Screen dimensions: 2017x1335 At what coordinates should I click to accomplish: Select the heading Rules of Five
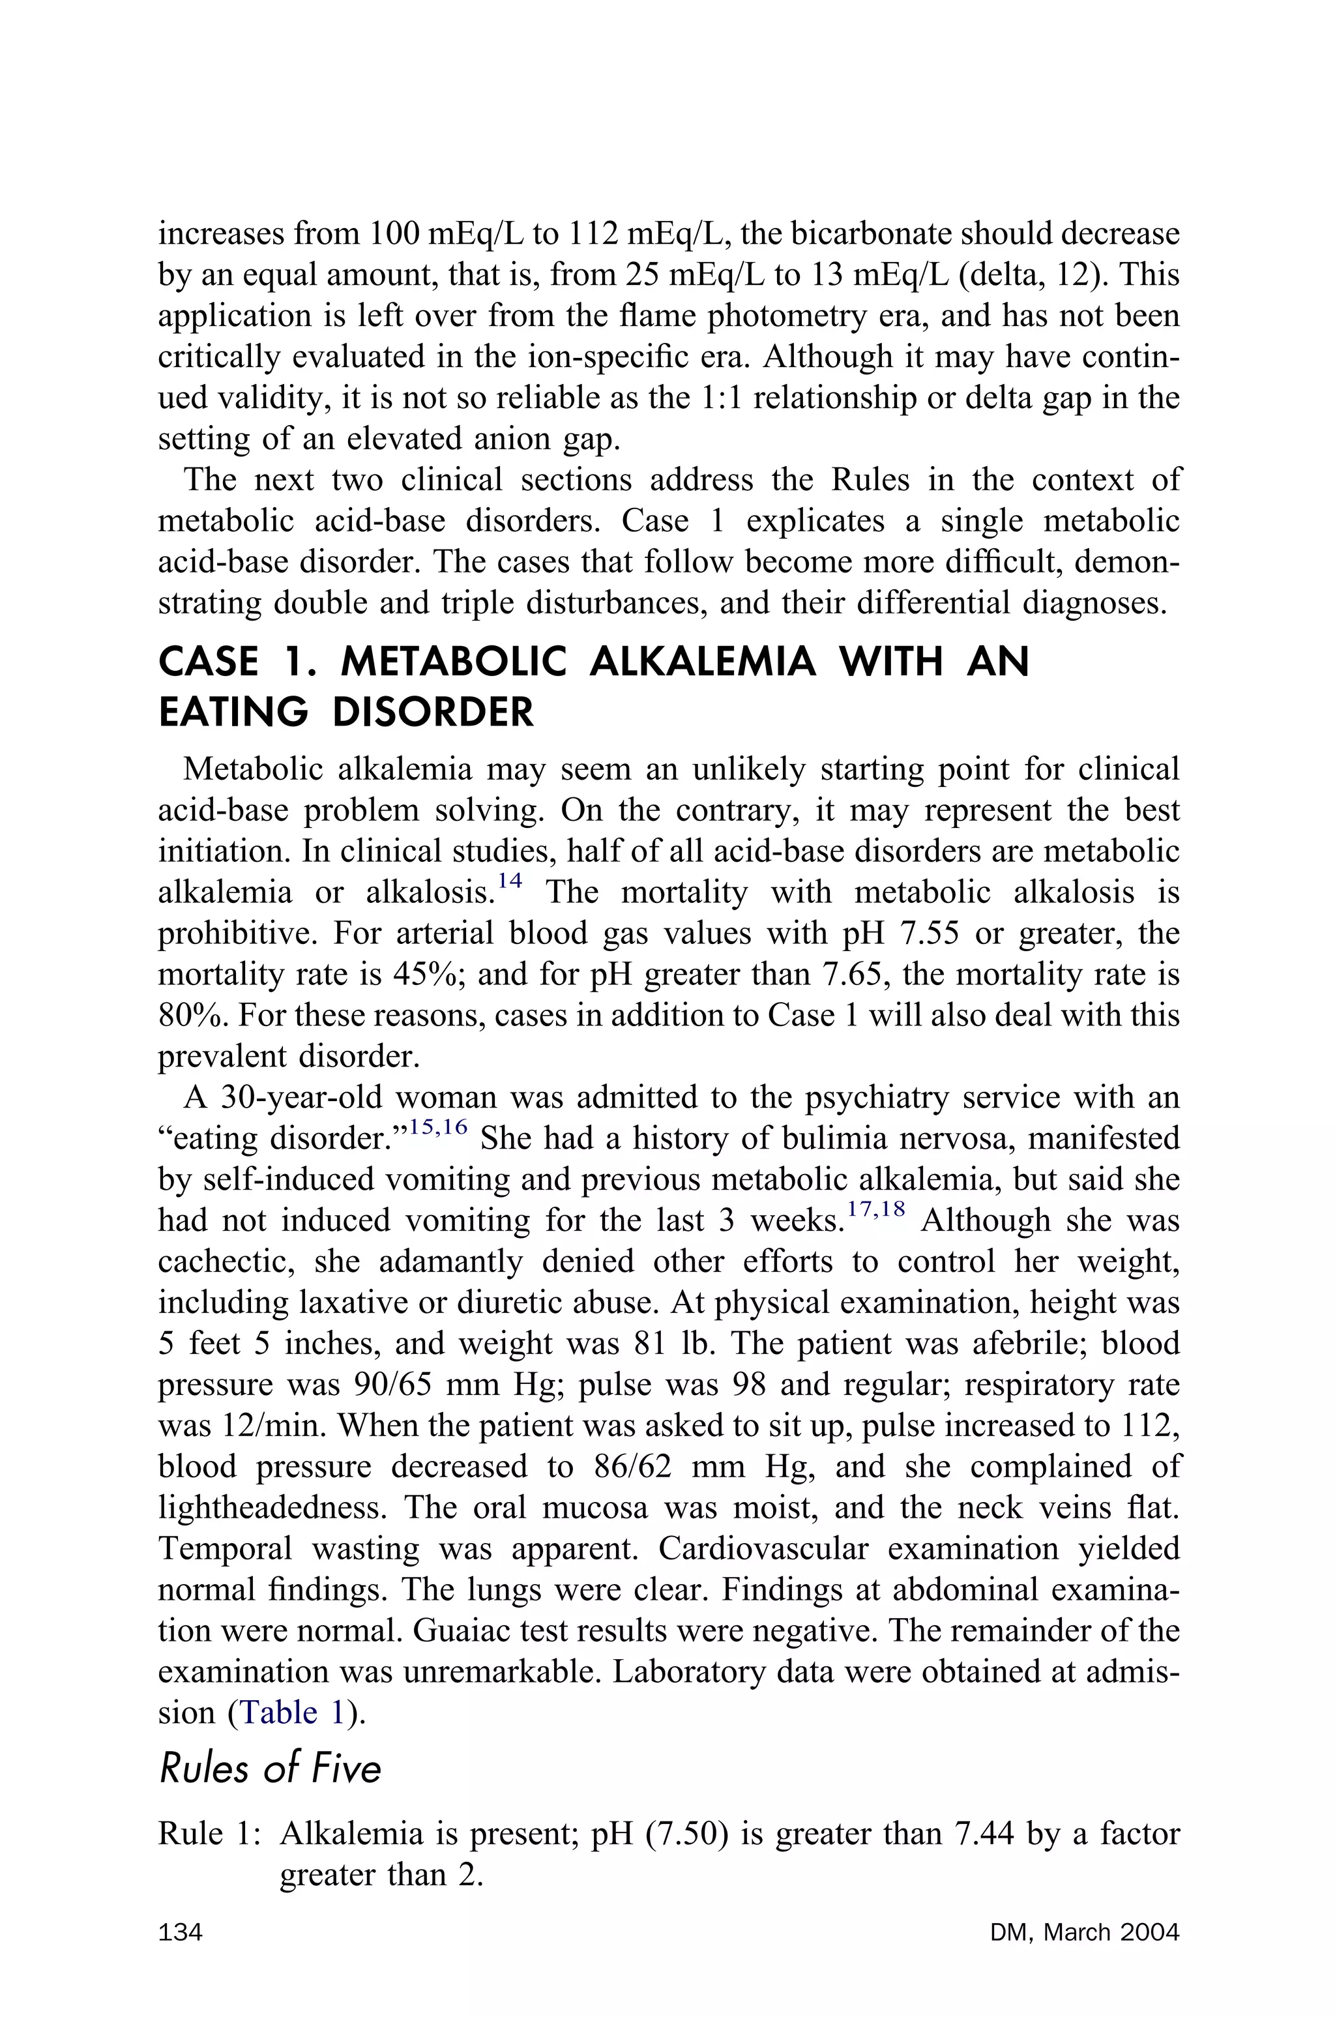point(270,1770)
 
